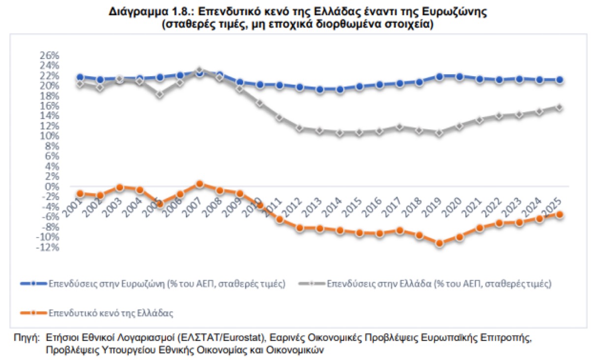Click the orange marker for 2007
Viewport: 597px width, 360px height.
tap(199, 184)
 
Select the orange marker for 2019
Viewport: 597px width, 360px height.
tap(440, 243)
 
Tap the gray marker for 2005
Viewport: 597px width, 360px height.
tap(159, 94)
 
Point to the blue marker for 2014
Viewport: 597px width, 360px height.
tap(340, 90)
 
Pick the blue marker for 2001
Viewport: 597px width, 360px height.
tap(80, 77)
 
